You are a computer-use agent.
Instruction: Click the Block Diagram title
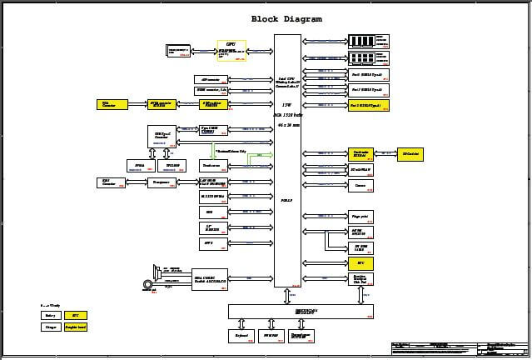pos(286,19)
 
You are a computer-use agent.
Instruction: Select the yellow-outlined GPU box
pos(231,50)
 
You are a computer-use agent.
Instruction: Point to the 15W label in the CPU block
pos(287,104)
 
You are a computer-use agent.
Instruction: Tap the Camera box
pos(360,185)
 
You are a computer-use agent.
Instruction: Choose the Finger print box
pos(360,217)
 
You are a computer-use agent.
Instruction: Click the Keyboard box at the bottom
pos(241,336)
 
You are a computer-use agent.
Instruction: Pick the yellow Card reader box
pos(360,153)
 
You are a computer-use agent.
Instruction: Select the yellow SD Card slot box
pos(410,153)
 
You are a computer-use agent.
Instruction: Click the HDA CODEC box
pos(210,278)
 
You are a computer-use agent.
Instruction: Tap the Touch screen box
pos(213,166)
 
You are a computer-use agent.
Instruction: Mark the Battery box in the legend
pos(51,316)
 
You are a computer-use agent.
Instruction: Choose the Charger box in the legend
pos(51,327)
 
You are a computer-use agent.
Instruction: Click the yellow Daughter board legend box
pos(75,327)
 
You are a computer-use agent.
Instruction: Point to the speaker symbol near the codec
pos(157,271)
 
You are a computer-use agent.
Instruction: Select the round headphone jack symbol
pos(148,285)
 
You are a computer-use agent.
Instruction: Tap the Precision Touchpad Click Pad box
pos(360,279)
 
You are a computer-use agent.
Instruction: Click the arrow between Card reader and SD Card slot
pos(385,153)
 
